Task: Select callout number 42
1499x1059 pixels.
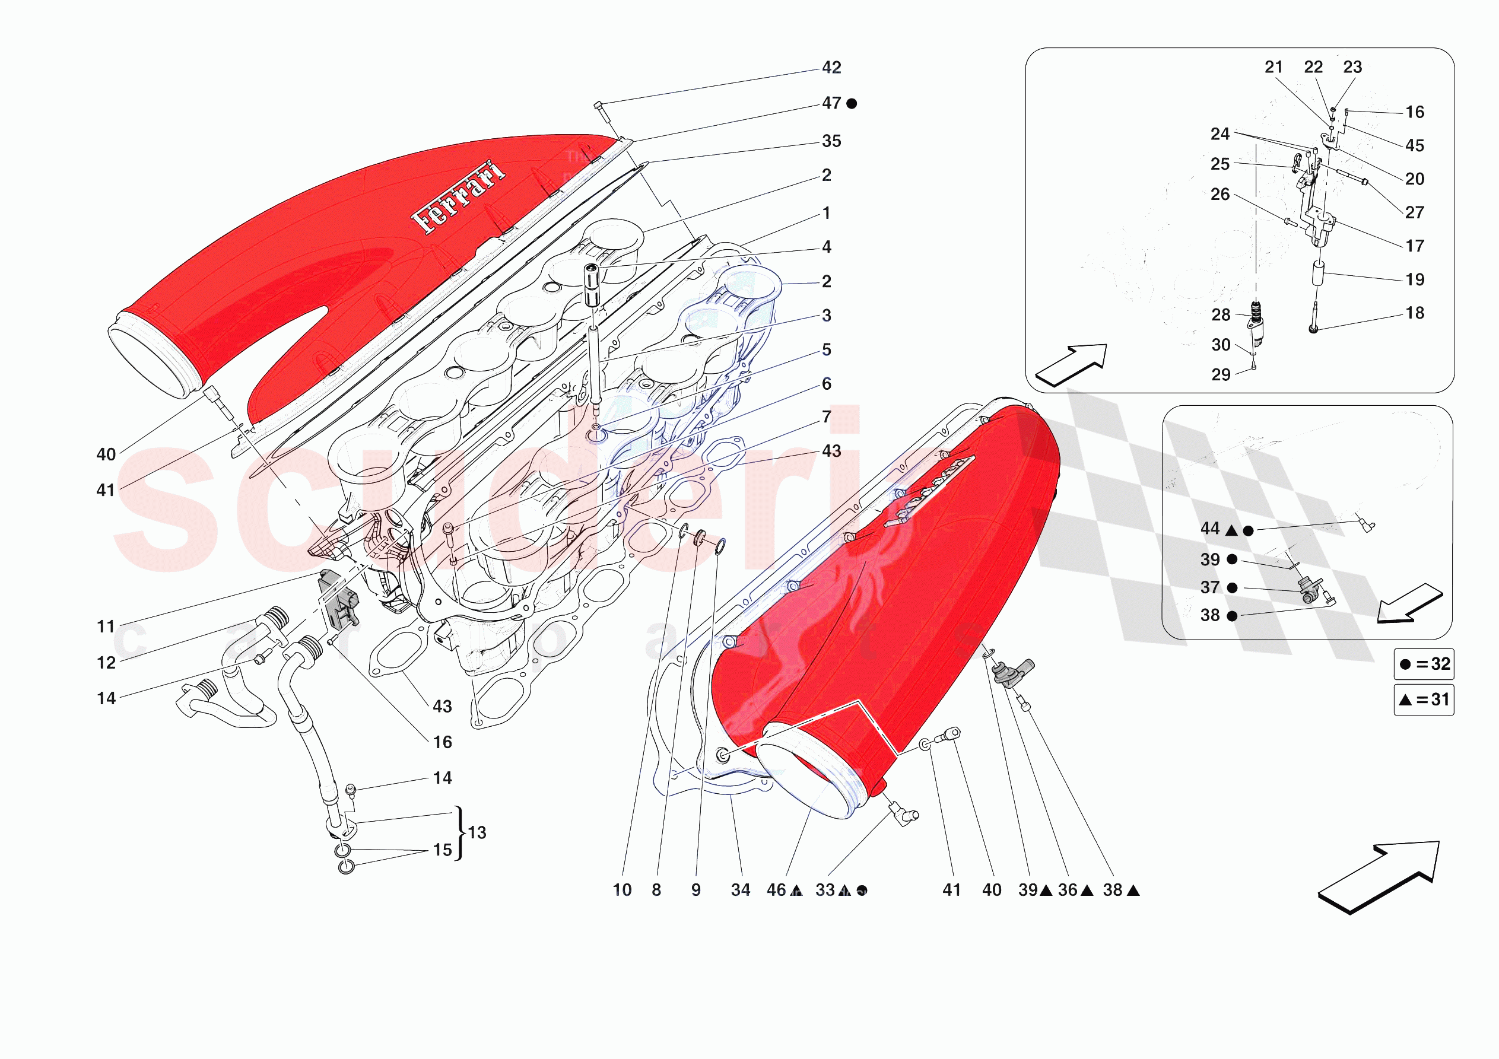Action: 831,67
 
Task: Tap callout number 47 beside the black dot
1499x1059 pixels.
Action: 831,103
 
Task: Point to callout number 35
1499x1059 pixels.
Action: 831,141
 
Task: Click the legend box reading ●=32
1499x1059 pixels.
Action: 1424,664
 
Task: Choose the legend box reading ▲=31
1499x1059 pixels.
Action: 1424,700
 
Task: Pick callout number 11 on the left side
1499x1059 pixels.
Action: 106,627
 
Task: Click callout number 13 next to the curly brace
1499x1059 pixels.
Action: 477,832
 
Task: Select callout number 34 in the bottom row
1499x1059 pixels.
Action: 741,890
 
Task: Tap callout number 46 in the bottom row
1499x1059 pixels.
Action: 776,890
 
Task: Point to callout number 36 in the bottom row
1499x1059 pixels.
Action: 1068,890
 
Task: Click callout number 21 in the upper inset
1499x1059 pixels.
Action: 1273,67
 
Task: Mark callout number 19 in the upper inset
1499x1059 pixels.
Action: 1415,279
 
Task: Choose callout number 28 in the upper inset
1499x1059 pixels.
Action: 1221,314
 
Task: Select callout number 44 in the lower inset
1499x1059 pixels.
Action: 1210,528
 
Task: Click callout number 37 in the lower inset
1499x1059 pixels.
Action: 1210,587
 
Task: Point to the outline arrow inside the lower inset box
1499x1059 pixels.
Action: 1409,603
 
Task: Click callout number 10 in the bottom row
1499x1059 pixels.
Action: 622,890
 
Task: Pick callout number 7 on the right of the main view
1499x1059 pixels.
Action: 827,416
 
